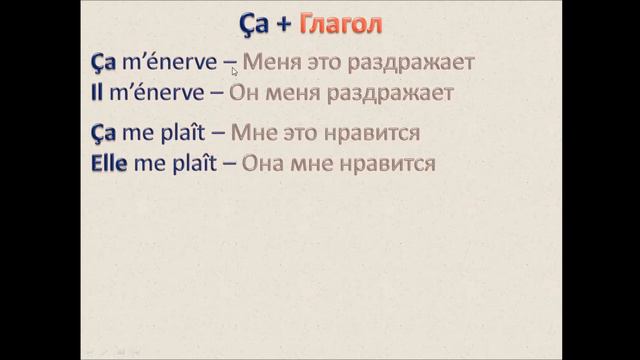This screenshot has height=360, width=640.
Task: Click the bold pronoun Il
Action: pos(95,93)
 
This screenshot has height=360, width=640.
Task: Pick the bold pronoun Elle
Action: pos(105,163)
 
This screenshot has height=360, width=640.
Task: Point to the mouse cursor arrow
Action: pos(234,71)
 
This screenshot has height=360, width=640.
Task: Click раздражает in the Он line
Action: pos(392,93)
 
